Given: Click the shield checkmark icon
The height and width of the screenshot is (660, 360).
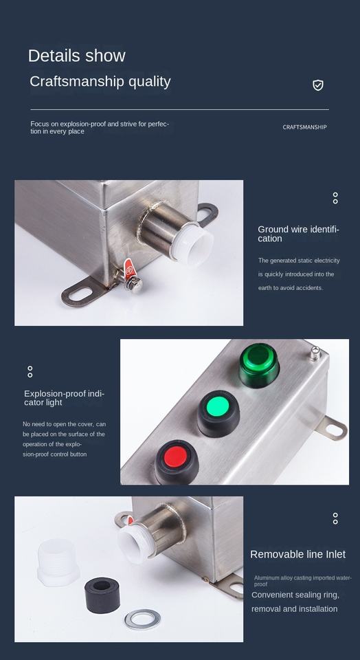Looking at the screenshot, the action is [318, 85].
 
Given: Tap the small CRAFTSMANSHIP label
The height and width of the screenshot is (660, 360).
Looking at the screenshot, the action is [304, 126].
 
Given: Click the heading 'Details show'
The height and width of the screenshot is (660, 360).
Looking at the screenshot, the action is [76, 56].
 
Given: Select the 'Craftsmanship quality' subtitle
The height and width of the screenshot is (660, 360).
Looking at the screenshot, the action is [100, 81].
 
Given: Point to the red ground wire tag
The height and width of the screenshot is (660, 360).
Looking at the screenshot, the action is [129, 267].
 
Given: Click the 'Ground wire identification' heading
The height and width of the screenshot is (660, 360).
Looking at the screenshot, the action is [299, 234].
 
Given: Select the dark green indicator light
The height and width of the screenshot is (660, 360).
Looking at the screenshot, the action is [259, 364].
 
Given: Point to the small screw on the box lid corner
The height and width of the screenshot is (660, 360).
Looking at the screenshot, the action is [314, 353].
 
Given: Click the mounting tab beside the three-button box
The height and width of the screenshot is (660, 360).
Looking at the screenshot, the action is [333, 428].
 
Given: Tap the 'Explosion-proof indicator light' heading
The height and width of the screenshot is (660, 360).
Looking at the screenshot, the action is [64, 398].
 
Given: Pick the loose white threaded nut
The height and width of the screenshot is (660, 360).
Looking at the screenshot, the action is [58, 563].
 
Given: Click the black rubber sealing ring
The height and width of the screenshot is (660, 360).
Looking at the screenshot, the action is [102, 595].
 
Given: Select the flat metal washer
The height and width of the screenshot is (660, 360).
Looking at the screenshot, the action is [142, 619].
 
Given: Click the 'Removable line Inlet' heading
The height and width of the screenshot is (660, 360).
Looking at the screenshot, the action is [297, 554].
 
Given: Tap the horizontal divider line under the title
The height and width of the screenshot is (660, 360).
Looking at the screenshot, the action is [179, 109].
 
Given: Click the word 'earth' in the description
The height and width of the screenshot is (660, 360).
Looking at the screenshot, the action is [266, 288].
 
